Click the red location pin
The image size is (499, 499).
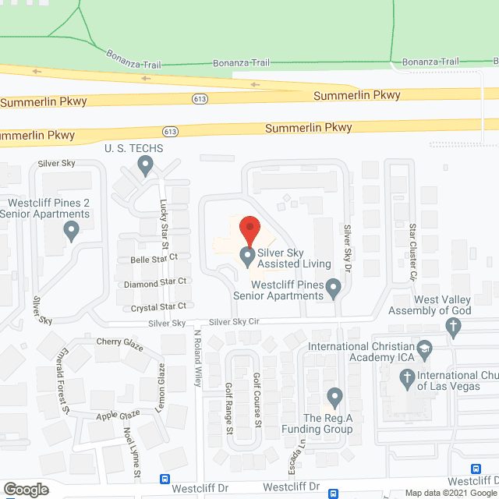point(249,230)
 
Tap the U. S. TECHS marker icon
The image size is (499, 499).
point(145,165)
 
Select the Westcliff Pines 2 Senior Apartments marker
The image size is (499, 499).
point(72,230)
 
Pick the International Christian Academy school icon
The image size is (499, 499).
point(425,347)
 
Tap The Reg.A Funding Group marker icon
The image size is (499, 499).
point(334,398)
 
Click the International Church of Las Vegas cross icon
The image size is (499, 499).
point(406,380)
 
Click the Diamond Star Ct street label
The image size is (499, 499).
point(155,281)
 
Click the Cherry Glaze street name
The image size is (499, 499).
point(120,344)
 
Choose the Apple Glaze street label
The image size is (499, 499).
point(118,415)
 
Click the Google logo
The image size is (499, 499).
point(25,489)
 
